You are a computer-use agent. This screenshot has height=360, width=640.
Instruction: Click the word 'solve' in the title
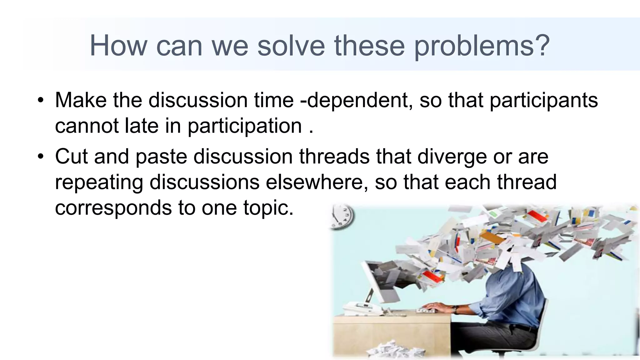click(291, 46)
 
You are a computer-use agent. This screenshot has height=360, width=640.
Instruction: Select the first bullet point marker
click(40, 101)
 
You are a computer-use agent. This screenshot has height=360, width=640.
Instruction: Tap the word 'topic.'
click(268, 207)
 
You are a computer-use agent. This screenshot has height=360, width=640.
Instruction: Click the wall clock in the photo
click(342, 216)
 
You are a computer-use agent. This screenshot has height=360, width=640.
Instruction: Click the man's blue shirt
click(512, 291)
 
